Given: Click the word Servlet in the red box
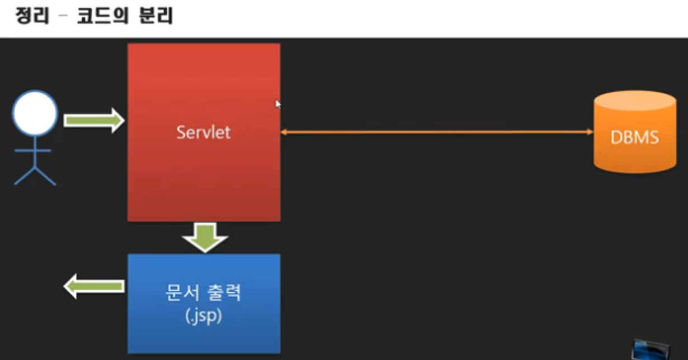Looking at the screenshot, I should tap(204, 132).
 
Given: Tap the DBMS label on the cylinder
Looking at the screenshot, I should tap(635, 136).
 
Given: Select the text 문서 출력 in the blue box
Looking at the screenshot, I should tap(204, 293).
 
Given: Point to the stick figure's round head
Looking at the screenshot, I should tap(35, 113).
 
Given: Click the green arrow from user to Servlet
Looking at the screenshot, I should tap(93, 120).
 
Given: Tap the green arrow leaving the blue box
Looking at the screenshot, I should tap(93, 287).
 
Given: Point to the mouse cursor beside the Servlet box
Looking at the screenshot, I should tap(278, 103).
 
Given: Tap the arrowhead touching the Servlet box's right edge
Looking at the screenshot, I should tap(284, 132).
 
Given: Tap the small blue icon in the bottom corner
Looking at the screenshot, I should tap(651, 349).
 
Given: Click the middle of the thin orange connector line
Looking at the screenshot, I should tap(436, 132).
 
